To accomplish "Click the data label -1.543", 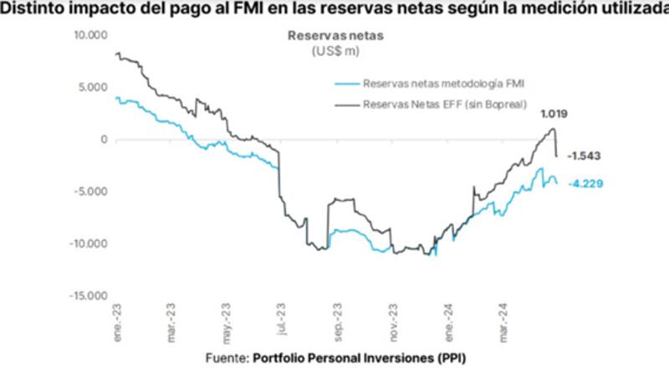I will tap(585, 157).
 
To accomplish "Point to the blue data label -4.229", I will tap(585, 184).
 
